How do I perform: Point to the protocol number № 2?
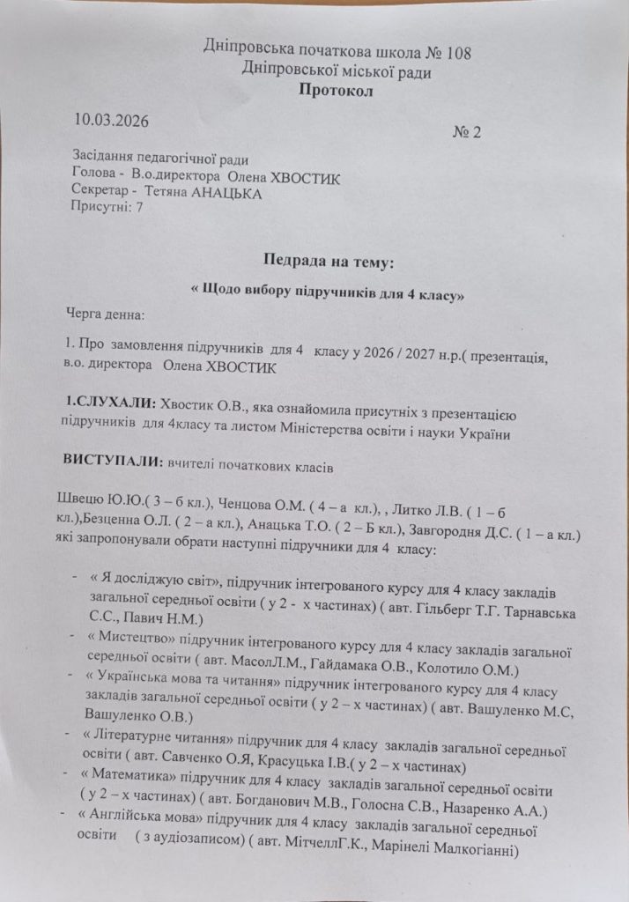point(469,132)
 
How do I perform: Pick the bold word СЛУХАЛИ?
point(115,403)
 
